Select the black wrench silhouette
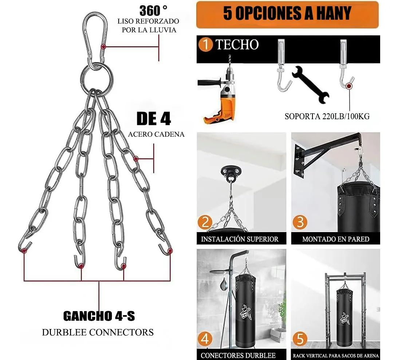[311, 85]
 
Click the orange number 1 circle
[206, 44]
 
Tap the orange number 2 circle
[205, 222]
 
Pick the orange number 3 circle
[300, 222]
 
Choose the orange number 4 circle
[205, 339]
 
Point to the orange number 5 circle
[300, 339]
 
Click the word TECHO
[237, 45]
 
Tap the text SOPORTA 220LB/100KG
[327, 116]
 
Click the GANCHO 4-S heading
[99, 316]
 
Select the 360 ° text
[153, 11]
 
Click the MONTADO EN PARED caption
[336, 239]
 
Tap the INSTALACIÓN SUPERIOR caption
[240, 239]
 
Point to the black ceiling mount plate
[231, 172]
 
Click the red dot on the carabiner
[103, 47]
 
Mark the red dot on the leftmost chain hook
[24, 251]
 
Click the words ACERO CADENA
[156, 134]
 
